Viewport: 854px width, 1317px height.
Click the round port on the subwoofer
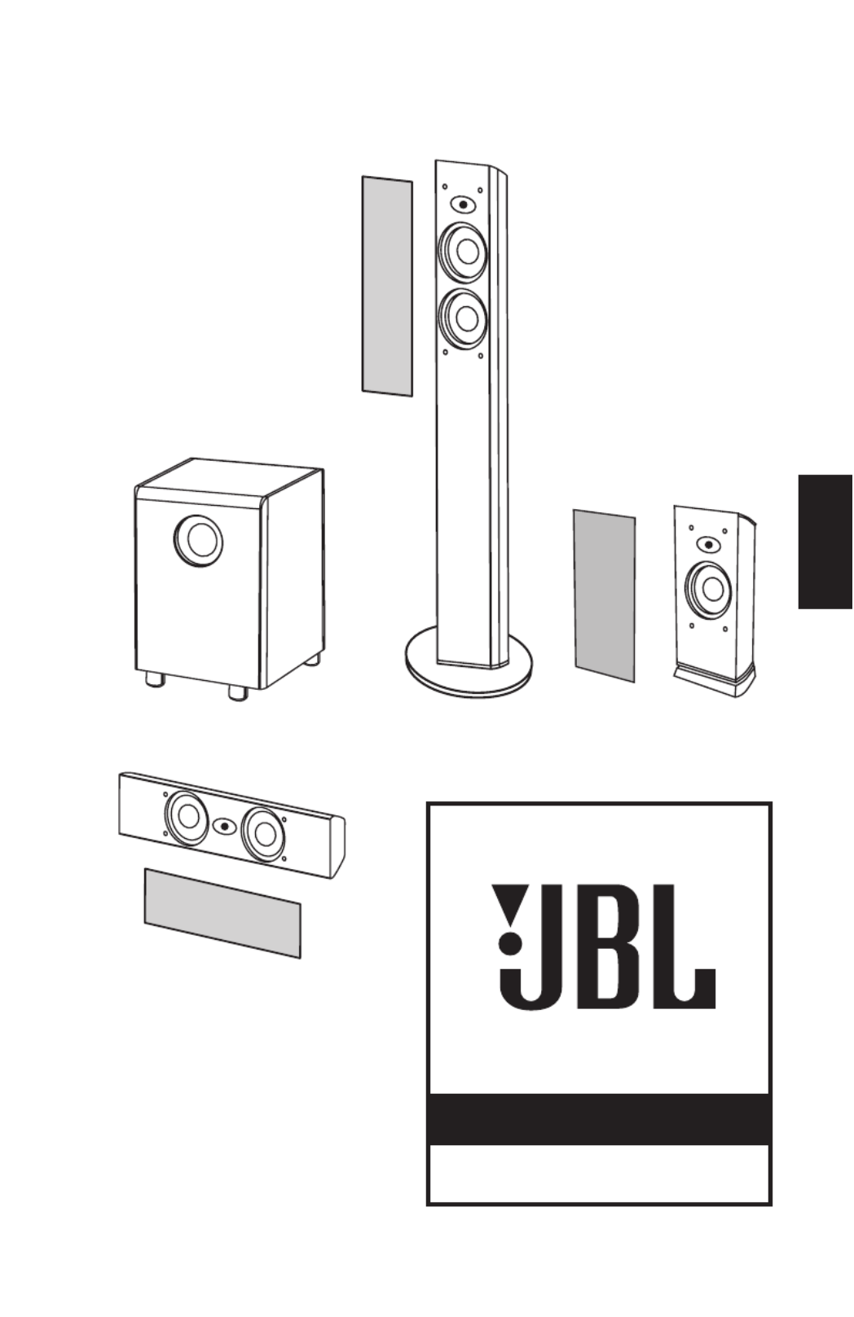pyautogui.click(x=198, y=540)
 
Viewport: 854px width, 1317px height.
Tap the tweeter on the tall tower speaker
pyautogui.click(x=464, y=204)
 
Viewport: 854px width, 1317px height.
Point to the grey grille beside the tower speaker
pyautogui.click(x=387, y=287)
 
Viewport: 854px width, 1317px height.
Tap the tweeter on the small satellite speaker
pyautogui.click(x=709, y=544)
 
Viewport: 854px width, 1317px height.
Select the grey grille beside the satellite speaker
pyautogui.click(x=605, y=595)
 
